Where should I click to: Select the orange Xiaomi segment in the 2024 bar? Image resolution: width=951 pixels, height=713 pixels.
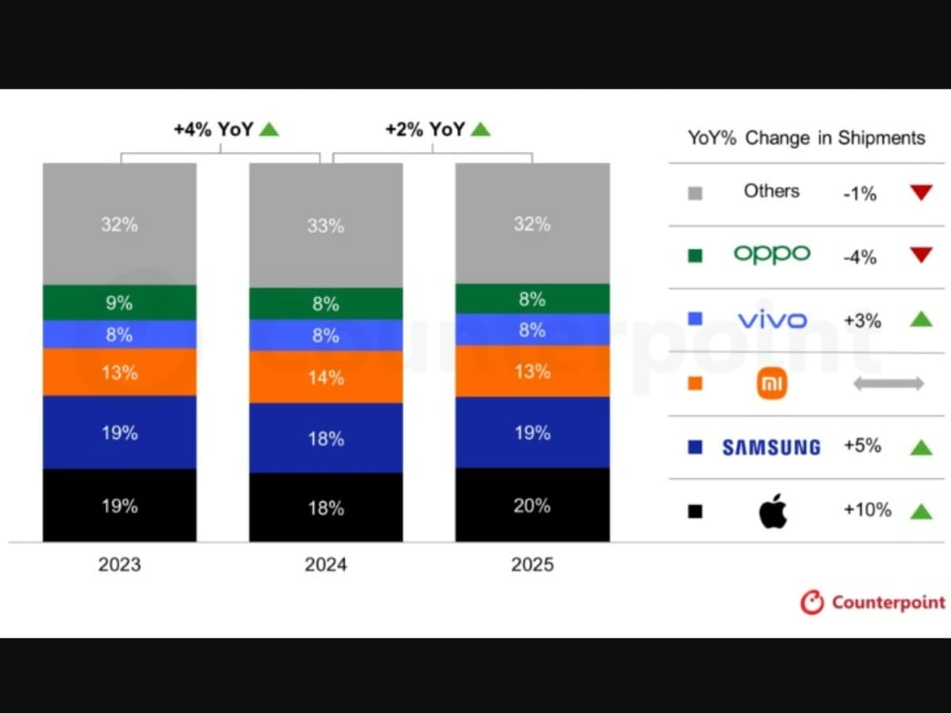(326, 377)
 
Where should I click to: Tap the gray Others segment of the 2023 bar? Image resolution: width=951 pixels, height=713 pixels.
(119, 223)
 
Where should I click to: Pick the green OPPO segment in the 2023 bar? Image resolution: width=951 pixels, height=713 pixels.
(119, 303)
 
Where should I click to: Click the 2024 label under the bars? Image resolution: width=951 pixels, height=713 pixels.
(326, 565)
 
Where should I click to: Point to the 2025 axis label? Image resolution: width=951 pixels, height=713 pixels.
(532, 565)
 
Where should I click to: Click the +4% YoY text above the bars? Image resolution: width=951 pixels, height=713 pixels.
(213, 129)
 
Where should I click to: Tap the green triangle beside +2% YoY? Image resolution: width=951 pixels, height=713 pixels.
(480, 129)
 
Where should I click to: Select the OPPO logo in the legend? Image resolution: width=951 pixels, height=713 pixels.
(771, 254)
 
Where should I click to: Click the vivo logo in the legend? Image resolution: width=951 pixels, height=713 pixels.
(771, 320)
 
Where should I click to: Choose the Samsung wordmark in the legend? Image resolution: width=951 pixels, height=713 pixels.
(771, 448)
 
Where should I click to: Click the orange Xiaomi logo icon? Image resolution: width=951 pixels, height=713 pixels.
(771, 384)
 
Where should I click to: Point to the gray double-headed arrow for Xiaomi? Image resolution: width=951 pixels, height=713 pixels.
(888, 384)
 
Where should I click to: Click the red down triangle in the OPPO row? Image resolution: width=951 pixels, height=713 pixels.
(920, 255)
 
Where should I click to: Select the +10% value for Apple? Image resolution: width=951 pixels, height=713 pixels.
(867, 509)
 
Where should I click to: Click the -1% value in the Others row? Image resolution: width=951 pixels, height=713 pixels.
(860, 193)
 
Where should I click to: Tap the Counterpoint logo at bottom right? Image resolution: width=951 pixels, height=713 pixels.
(872, 602)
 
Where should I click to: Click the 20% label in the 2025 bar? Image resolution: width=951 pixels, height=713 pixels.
(532, 505)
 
